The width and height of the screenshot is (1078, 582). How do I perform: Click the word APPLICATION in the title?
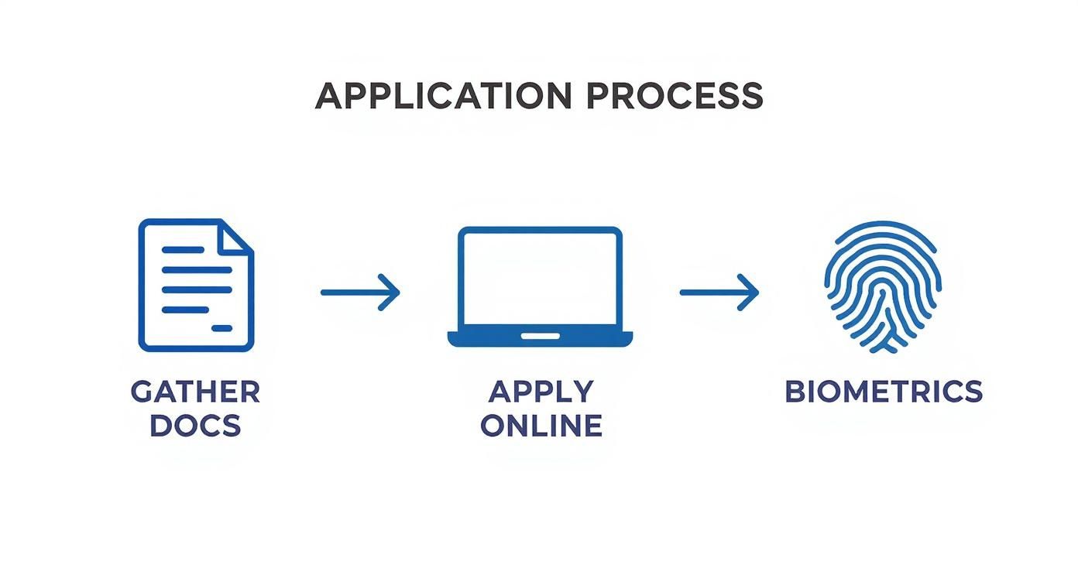pos(443,97)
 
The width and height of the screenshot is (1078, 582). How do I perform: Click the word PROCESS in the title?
pos(675,97)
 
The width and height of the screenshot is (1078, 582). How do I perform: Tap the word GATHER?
pos(195,392)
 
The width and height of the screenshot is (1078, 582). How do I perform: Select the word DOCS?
pos(195,426)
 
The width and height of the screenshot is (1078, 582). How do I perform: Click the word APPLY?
pos(541,392)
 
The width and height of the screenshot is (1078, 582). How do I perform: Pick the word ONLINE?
pos(541,426)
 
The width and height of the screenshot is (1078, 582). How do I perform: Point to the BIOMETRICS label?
pos(884,392)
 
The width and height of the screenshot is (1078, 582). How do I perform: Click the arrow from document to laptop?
pos(359,292)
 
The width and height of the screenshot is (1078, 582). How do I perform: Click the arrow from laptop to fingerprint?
pos(719,292)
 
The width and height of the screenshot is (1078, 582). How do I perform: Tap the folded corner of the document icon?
pos(235,235)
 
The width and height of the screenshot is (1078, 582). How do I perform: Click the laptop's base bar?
pos(540,338)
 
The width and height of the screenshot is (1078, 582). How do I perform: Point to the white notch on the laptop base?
pos(540,336)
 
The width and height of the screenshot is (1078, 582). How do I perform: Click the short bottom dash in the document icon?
pos(222,329)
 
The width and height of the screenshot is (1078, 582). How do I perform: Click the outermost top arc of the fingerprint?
pos(883,225)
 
